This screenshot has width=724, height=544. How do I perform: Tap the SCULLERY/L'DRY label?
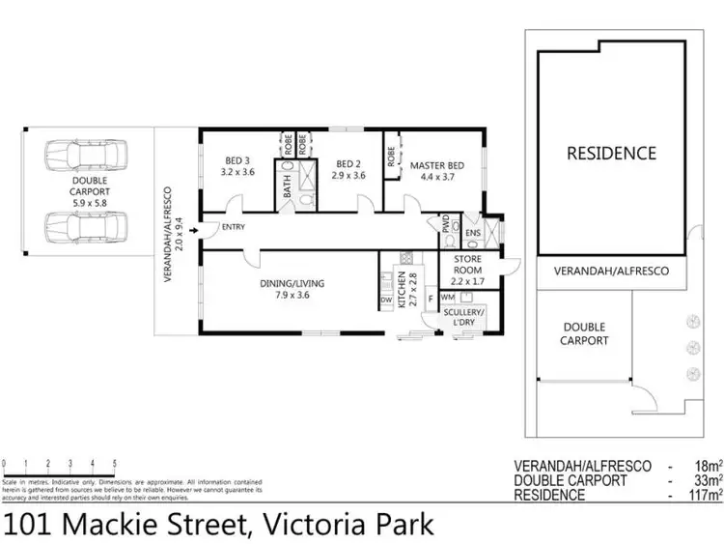(462, 319)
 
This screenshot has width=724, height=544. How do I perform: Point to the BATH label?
(288, 186)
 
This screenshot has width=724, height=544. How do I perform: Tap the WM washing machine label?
(448, 298)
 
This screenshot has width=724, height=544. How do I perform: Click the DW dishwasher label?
(386, 301)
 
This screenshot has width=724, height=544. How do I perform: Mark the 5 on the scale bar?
(115, 463)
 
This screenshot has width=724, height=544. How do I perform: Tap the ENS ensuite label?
(472, 233)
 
